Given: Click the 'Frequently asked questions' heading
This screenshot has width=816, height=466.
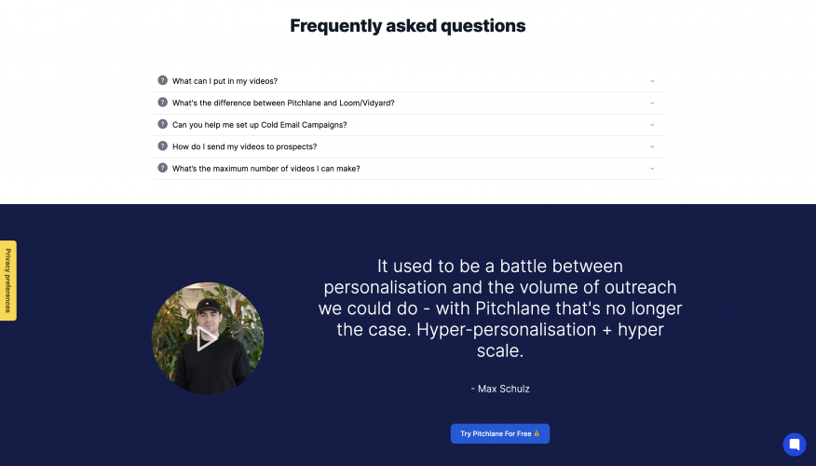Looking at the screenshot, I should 407,26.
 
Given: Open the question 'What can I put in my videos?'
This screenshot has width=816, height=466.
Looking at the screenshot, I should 224,81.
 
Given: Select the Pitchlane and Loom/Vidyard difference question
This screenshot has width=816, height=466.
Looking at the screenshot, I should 283,103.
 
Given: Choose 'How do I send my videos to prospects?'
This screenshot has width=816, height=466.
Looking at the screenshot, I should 244,146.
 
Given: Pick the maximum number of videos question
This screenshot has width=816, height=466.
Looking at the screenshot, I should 265,169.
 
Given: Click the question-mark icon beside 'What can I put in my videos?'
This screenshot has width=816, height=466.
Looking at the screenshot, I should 163,81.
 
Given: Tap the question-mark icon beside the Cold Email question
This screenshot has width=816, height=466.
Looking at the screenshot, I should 163,125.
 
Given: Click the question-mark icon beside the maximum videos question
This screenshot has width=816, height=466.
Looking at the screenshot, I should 163,169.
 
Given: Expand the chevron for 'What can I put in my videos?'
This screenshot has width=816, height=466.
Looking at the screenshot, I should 652,81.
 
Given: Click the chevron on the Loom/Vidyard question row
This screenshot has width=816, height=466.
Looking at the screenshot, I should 652,103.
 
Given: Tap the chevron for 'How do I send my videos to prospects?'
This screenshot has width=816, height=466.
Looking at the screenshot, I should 652,146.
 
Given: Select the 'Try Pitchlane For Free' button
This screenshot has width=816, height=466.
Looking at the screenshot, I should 500,433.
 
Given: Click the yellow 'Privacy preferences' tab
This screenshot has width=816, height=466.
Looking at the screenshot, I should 8,281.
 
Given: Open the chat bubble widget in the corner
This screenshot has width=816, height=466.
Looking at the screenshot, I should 794,444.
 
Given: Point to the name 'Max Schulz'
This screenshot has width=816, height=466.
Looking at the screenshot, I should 504,389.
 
